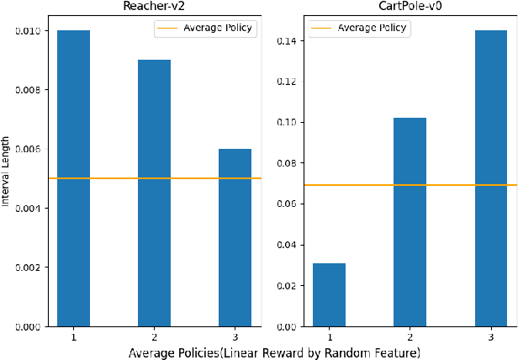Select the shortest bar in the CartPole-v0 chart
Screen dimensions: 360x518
329,294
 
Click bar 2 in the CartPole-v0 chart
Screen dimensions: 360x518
410,222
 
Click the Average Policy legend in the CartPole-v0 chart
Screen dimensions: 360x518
359,28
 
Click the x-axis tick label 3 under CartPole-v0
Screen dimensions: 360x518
491,337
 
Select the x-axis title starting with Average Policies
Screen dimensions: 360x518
274,352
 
